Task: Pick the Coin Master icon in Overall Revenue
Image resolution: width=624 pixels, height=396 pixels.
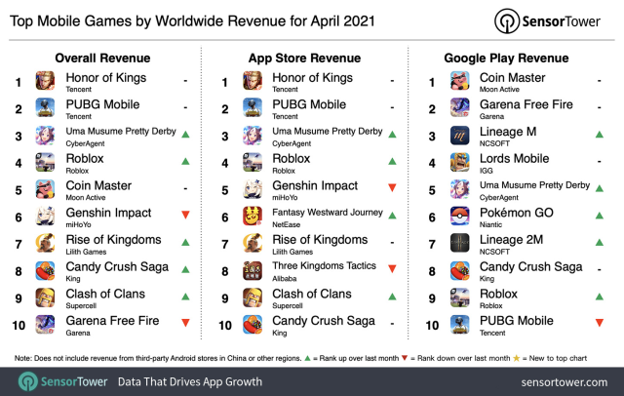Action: [x=46, y=189]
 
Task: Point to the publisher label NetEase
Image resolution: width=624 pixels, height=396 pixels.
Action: [x=288, y=223]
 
